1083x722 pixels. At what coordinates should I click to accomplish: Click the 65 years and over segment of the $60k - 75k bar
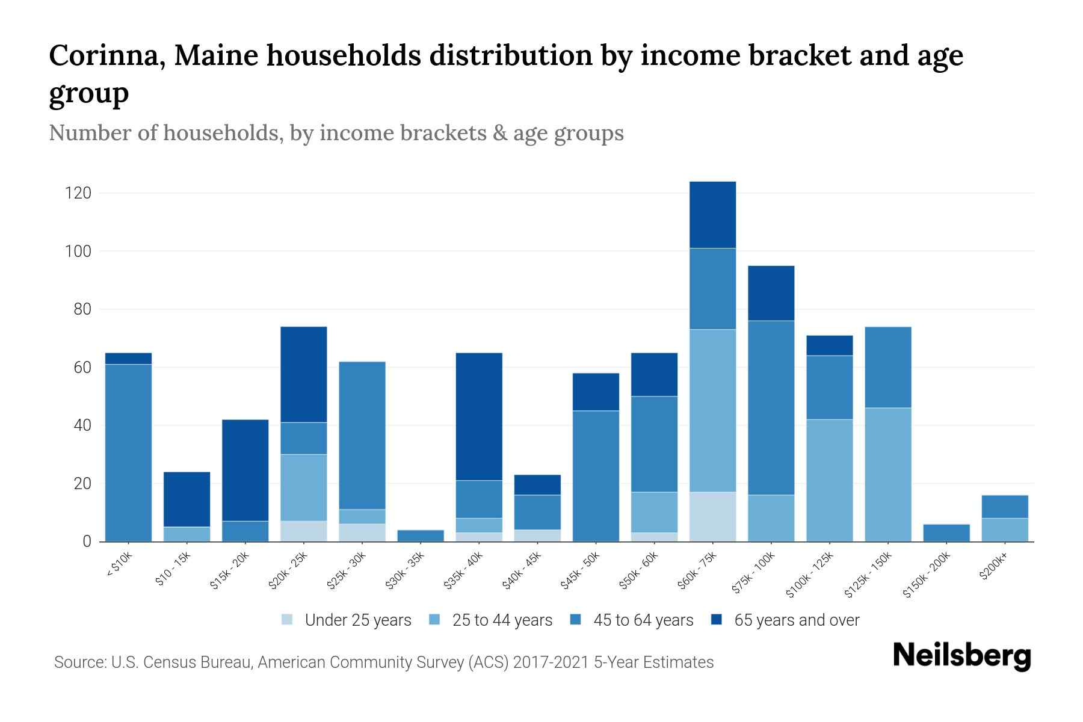click(x=712, y=215)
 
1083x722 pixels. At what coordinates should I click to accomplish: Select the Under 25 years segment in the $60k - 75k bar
click(x=712, y=517)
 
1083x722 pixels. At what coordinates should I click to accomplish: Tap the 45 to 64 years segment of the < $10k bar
click(x=128, y=452)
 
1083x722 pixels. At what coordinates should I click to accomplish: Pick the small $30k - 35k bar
click(x=421, y=535)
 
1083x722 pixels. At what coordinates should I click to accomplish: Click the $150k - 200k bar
click(x=946, y=533)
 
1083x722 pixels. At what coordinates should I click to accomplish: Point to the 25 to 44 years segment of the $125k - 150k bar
click(x=887, y=475)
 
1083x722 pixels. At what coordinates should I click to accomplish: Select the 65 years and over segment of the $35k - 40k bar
click(x=479, y=416)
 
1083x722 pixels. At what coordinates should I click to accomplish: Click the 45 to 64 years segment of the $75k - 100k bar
click(x=771, y=408)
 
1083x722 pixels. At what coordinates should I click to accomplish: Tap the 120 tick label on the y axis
click(x=78, y=193)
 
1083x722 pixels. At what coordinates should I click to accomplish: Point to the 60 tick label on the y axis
click(x=82, y=368)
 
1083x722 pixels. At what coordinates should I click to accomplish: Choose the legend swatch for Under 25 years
click(x=288, y=620)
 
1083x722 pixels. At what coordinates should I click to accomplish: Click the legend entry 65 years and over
click(x=796, y=620)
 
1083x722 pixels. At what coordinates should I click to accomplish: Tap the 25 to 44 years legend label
click(x=502, y=620)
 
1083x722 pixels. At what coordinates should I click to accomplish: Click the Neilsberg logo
click(x=961, y=656)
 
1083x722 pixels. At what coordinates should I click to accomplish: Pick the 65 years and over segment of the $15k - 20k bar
click(x=245, y=470)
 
